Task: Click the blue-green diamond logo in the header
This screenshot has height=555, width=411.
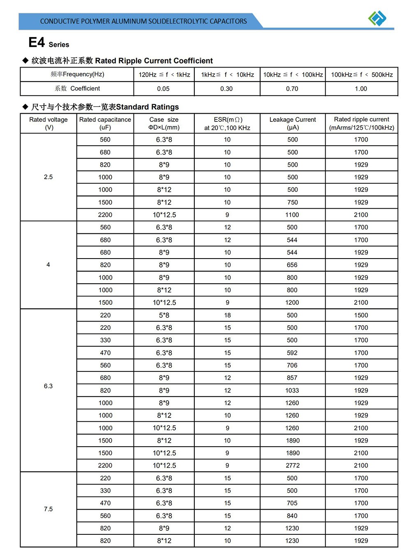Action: pos(377,18)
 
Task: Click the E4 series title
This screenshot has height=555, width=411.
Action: pos(48,42)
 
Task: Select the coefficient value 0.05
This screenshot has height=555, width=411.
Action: pos(163,89)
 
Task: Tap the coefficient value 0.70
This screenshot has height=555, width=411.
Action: pos(292,89)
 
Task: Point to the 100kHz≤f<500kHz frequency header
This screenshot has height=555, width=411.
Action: pos(362,75)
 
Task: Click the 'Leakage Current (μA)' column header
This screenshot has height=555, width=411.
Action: pos(293,123)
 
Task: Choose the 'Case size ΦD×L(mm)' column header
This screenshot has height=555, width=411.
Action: pos(164,123)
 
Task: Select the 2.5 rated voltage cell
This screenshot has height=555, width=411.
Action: pos(48,177)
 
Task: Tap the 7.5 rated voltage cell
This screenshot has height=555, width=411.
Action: pos(48,509)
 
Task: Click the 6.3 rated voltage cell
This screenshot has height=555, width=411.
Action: pos(48,386)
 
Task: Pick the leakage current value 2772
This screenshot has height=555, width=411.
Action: pos(293,465)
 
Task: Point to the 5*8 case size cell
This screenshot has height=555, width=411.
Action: pos(164,315)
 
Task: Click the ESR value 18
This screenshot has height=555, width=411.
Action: pos(227,315)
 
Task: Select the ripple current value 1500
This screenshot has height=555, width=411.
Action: pos(361,315)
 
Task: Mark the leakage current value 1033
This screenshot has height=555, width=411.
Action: pos(292,390)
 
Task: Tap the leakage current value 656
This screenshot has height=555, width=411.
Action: pos(292,265)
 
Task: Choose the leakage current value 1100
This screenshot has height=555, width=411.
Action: pos(292,215)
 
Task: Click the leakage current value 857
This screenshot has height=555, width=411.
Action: pos(292,378)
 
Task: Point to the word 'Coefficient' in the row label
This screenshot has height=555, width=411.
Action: pos(85,89)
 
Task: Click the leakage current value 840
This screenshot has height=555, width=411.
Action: pos(292,515)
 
